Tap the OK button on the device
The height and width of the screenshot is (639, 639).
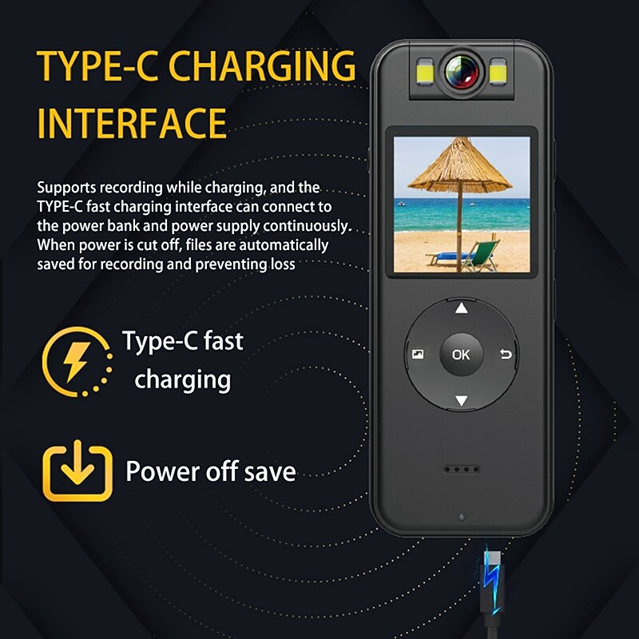[461, 355]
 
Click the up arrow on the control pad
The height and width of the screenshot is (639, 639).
[462, 308]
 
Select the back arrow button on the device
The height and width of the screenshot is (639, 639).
[506, 354]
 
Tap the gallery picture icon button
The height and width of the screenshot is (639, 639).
[418, 354]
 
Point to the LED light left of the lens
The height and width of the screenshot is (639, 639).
[425, 72]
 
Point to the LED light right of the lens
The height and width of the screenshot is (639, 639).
[498, 72]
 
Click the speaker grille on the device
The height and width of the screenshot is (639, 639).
[462, 470]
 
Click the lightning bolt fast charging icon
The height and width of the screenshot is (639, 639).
[77, 362]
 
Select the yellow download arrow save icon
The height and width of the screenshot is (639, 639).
[77, 471]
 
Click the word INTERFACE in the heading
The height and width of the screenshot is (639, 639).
[132, 123]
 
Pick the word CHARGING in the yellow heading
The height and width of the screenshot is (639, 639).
[262, 65]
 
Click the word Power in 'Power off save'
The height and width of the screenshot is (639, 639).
[163, 471]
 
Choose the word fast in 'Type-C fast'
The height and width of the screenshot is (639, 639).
[224, 341]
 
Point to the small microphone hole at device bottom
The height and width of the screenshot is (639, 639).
[462, 517]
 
